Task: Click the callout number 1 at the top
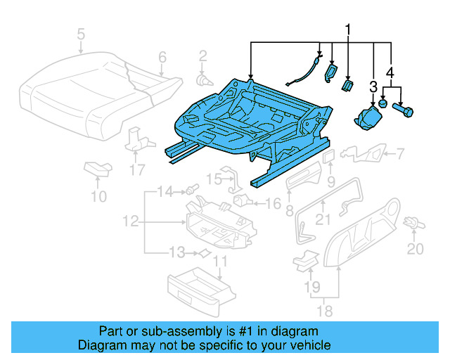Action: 347,29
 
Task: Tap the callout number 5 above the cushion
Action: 81,33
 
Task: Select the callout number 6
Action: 162,57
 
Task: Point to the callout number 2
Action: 202,56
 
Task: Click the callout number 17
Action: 138,169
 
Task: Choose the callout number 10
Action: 99,196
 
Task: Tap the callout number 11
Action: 221,264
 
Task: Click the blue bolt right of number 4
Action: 406,110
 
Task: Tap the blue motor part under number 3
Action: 368,117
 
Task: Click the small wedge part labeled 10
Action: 97,168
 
